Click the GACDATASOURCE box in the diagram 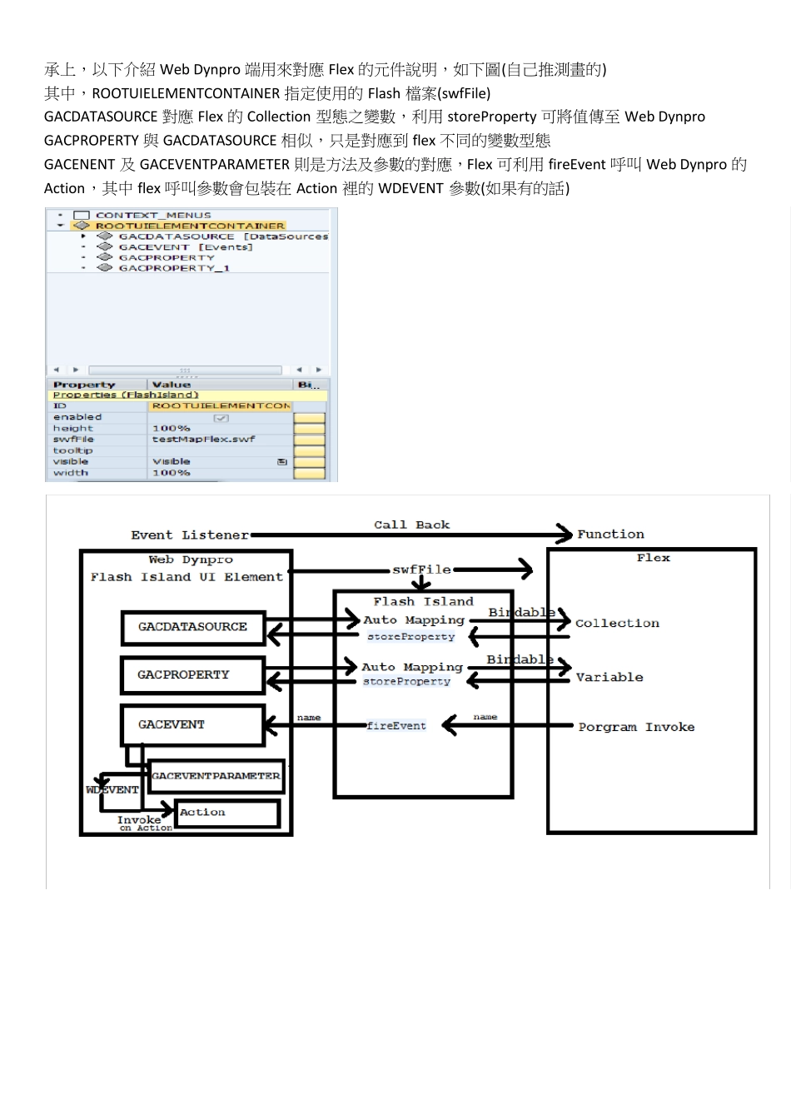coord(192,627)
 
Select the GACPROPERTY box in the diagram coord(192,674)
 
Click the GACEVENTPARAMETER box coord(216,776)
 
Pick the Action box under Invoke coord(226,813)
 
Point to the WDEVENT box coord(112,789)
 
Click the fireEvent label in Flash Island coord(396,726)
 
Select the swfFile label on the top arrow coord(422,569)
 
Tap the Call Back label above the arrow coord(411,525)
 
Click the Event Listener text coord(190,535)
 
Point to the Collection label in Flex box coord(617,623)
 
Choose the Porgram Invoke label coord(636,727)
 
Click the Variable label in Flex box coord(609,677)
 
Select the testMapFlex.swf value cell coord(204,440)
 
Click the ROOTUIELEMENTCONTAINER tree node coord(190,226)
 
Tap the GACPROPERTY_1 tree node coord(174,268)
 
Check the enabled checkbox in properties coord(221,417)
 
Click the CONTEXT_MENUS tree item coord(153,215)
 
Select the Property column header coord(84,385)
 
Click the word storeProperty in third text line coord(491,117)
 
